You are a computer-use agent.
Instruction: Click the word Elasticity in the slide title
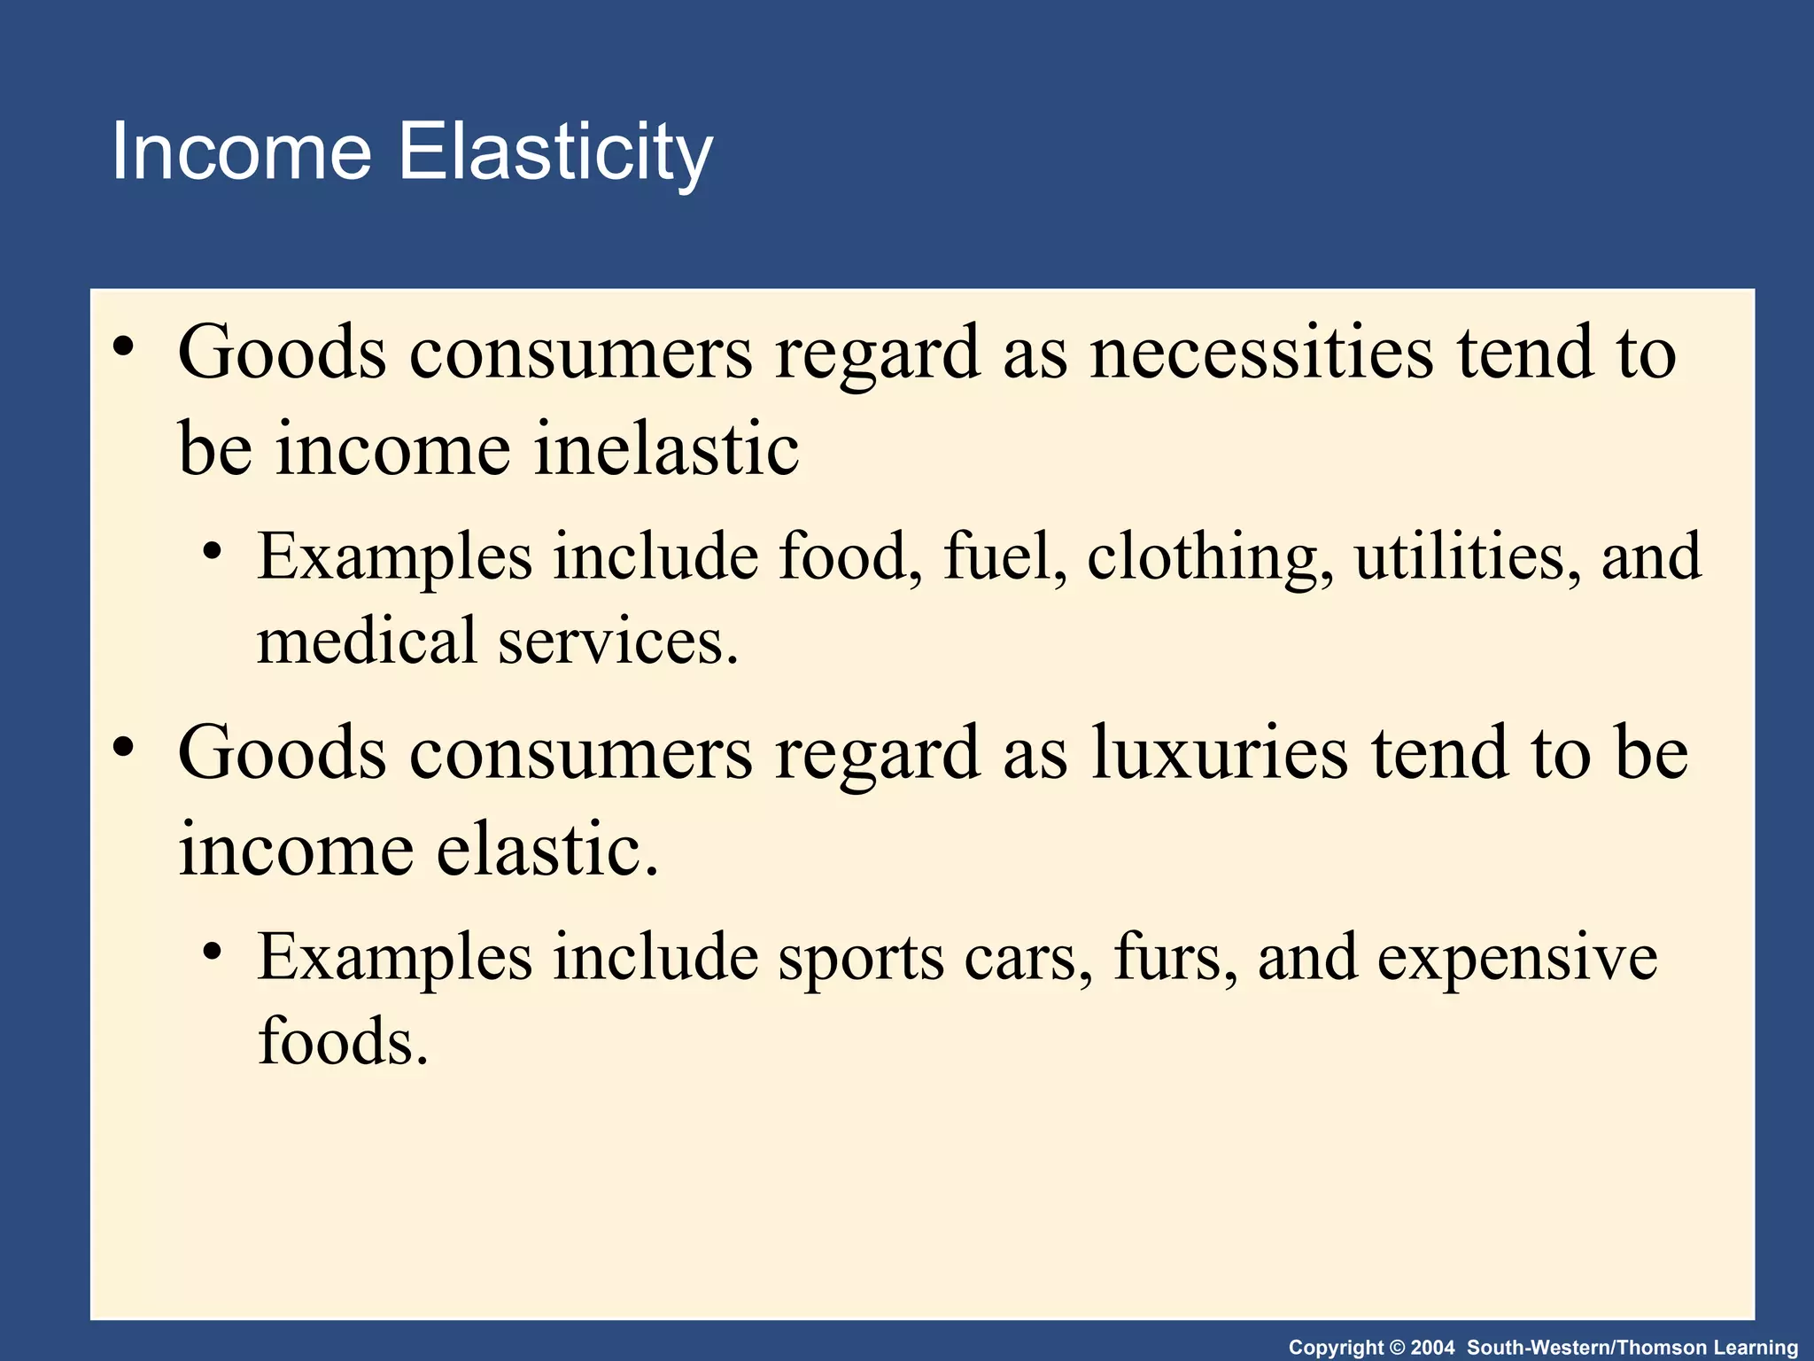coord(554,152)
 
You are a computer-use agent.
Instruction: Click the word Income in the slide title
coord(240,152)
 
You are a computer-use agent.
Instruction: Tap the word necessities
coord(1260,353)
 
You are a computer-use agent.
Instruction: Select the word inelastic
coord(666,448)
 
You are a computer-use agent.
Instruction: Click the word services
coord(617,640)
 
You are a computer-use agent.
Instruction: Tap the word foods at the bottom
coord(342,1040)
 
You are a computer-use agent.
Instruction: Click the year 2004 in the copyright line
coord(1432,1348)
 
